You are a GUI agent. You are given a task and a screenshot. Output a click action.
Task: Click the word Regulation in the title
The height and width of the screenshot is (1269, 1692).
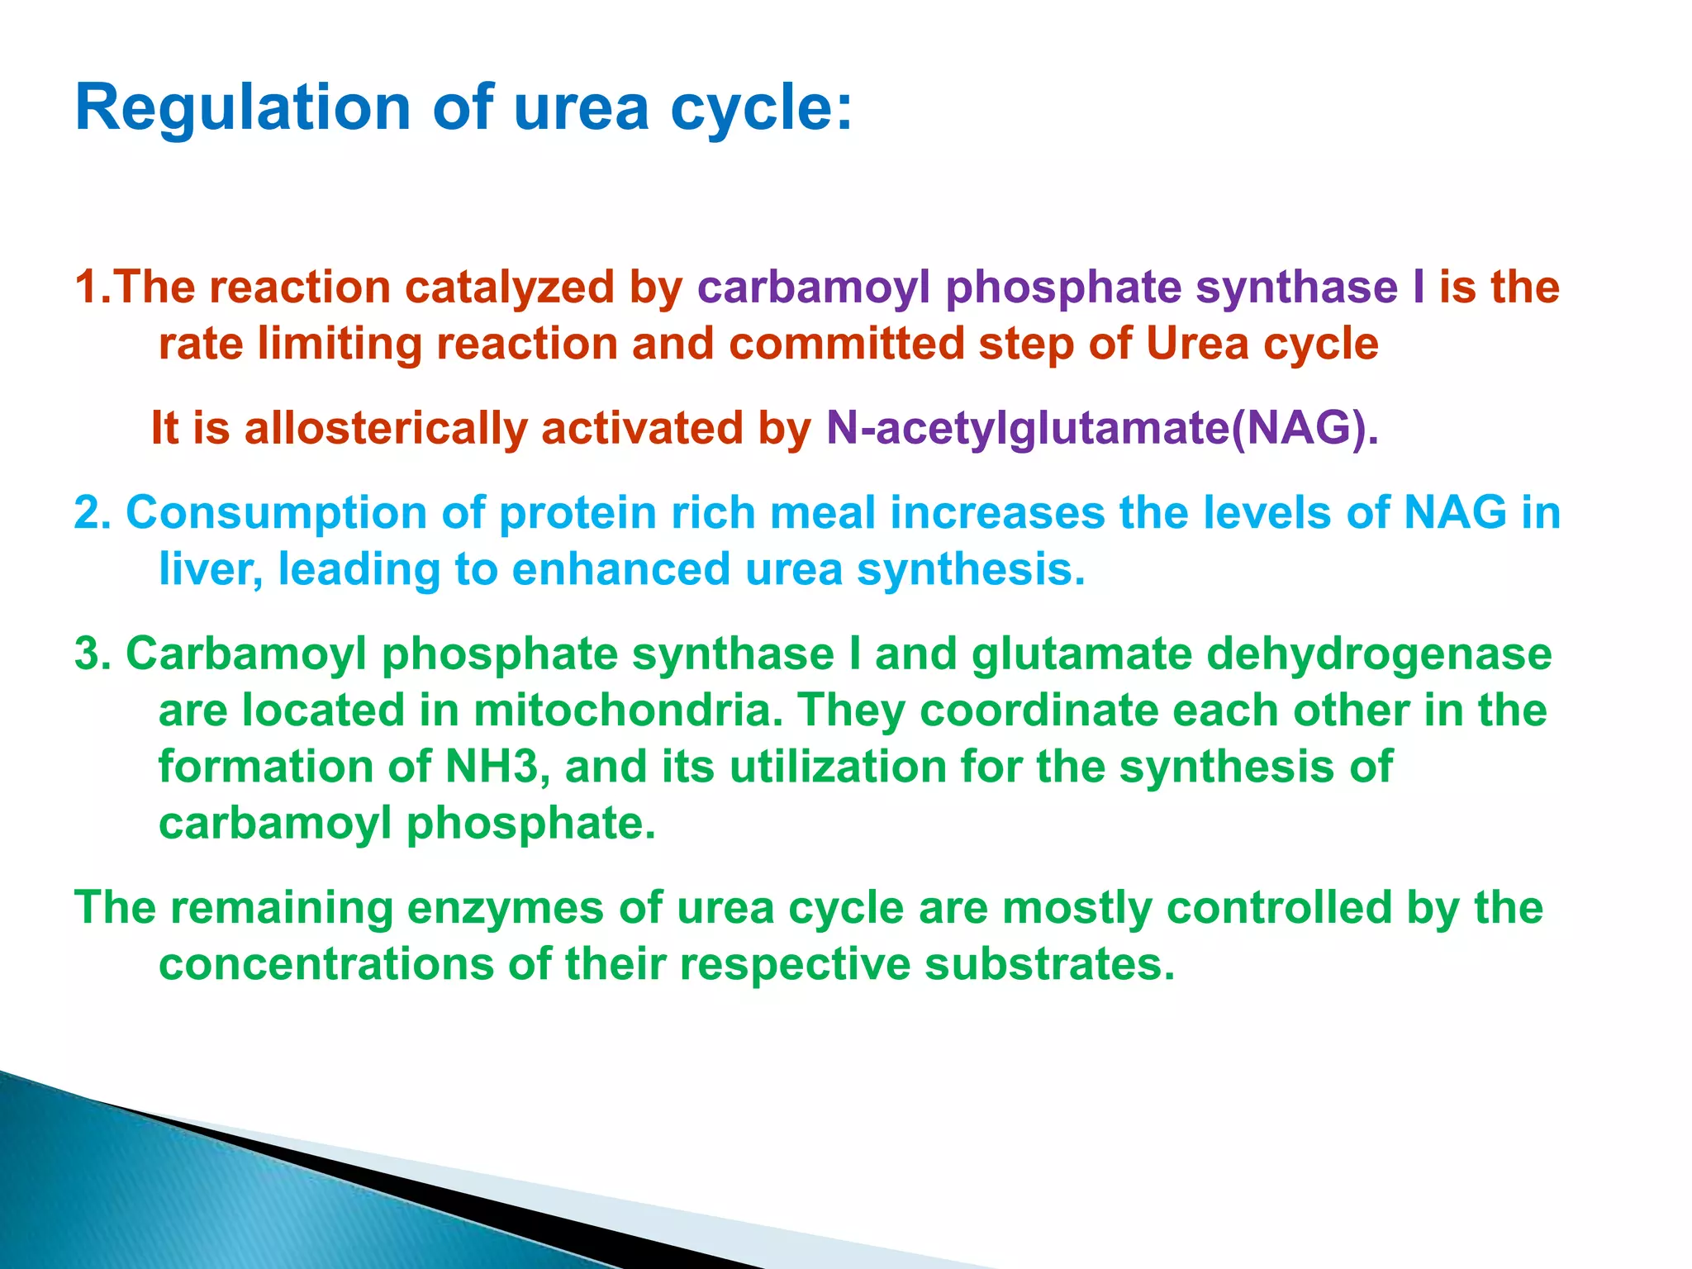coord(242,109)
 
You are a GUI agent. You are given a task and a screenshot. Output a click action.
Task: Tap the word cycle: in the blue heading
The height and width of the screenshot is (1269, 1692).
coord(761,109)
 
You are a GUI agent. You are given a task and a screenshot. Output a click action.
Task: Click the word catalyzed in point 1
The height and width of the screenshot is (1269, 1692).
coord(509,288)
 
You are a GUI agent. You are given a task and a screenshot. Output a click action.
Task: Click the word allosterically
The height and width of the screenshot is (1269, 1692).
coord(386,429)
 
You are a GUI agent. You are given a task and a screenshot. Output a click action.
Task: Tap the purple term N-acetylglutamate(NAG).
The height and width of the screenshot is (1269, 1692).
coord(1102,429)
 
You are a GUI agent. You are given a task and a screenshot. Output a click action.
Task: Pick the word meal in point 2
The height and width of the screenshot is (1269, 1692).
coord(822,513)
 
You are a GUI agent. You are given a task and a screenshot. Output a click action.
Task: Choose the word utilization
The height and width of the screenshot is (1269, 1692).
coord(837,767)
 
